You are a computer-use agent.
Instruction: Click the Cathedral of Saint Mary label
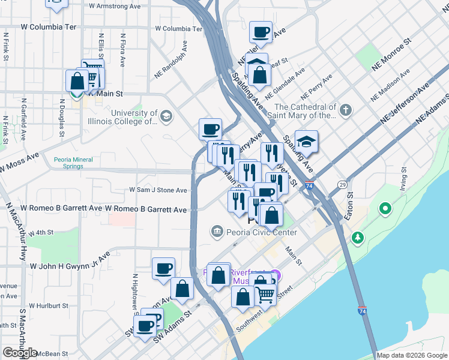[x=304, y=111]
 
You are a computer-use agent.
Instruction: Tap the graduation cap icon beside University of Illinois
[x=167, y=116]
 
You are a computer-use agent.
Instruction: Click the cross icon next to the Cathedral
[x=345, y=110]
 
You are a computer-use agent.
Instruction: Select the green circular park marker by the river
[x=385, y=209]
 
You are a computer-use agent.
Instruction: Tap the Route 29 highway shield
[x=342, y=184]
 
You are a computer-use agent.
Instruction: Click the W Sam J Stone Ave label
[x=158, y=190]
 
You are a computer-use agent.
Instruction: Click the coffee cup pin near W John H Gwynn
[x=163, y=268]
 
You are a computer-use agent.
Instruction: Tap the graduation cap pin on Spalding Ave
[x=307, y=142]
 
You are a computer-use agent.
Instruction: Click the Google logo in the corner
[x=20, y=353]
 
